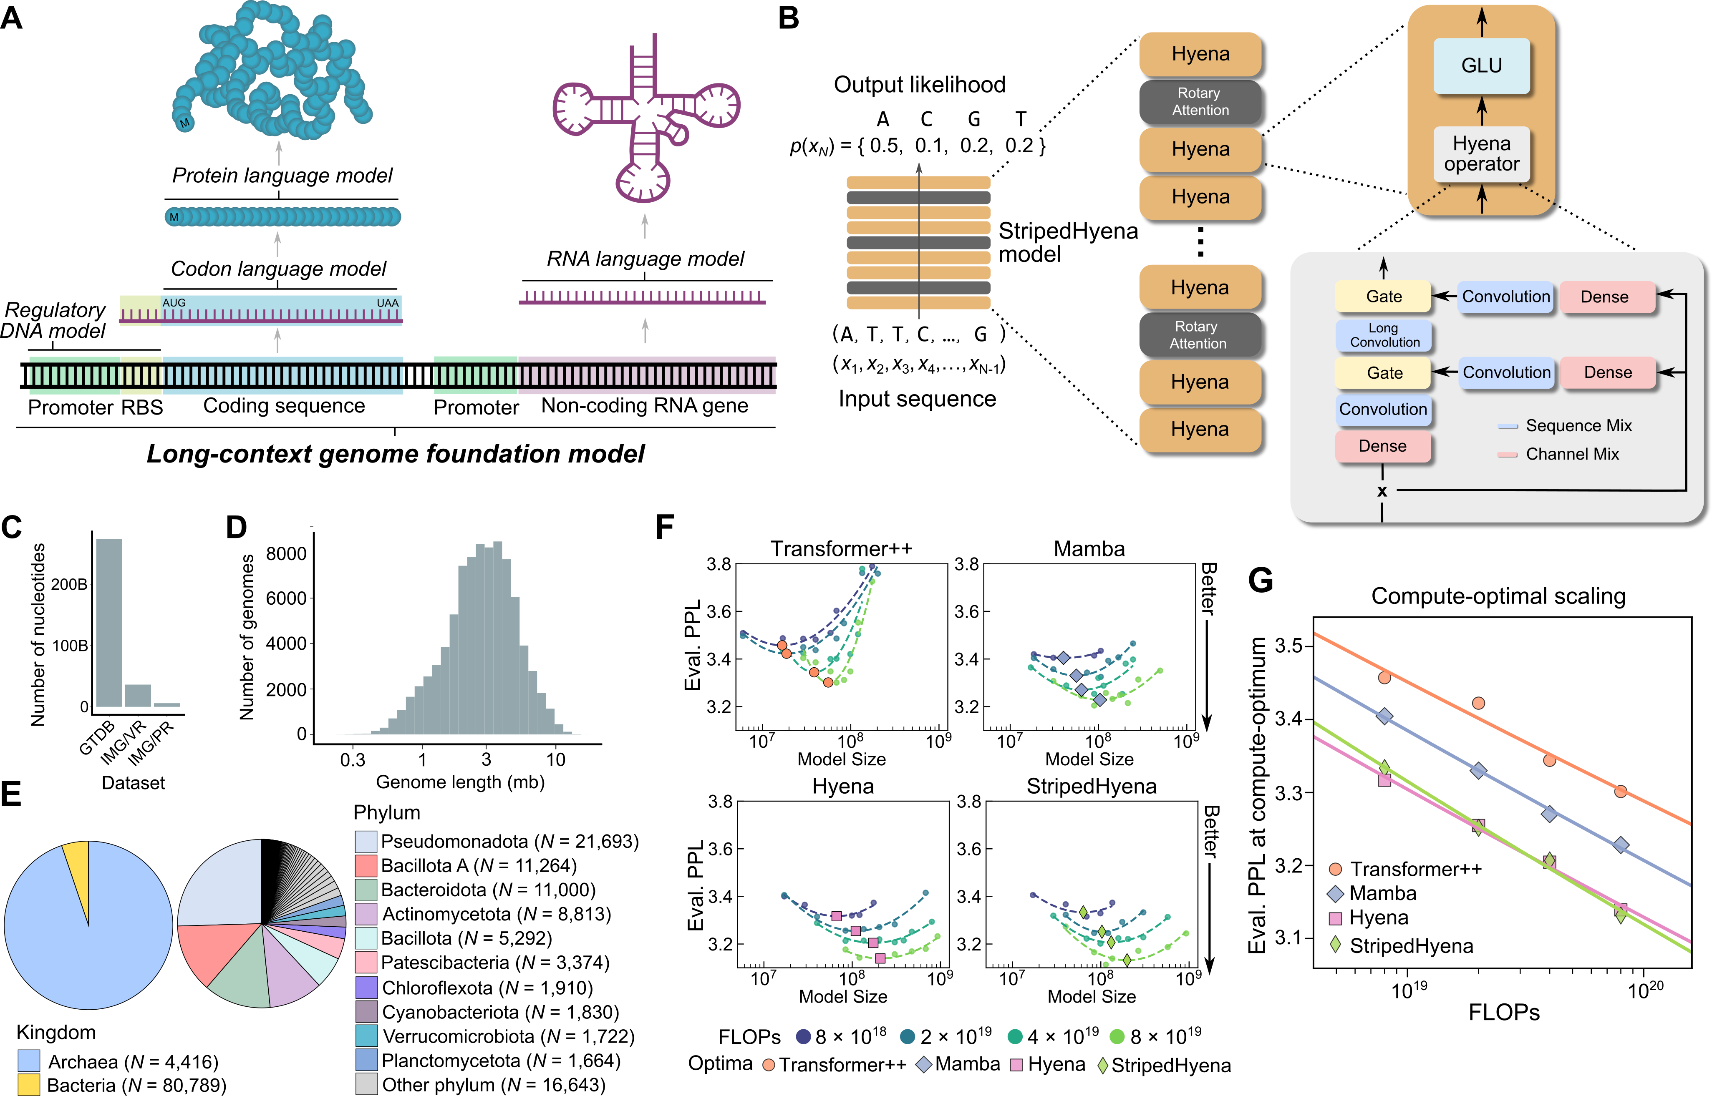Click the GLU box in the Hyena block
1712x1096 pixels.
[x=1481, y=65]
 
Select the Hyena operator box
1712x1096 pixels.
[x=1481, y=154]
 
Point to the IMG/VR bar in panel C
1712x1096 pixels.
[x=138, y=695]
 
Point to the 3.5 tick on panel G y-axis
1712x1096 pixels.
[x=1288, y=646]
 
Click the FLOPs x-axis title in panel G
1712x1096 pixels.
[x=1503, y=1012]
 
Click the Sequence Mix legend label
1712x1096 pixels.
[x=1578, y=425]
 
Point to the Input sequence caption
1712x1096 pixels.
[x=917, y=399]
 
